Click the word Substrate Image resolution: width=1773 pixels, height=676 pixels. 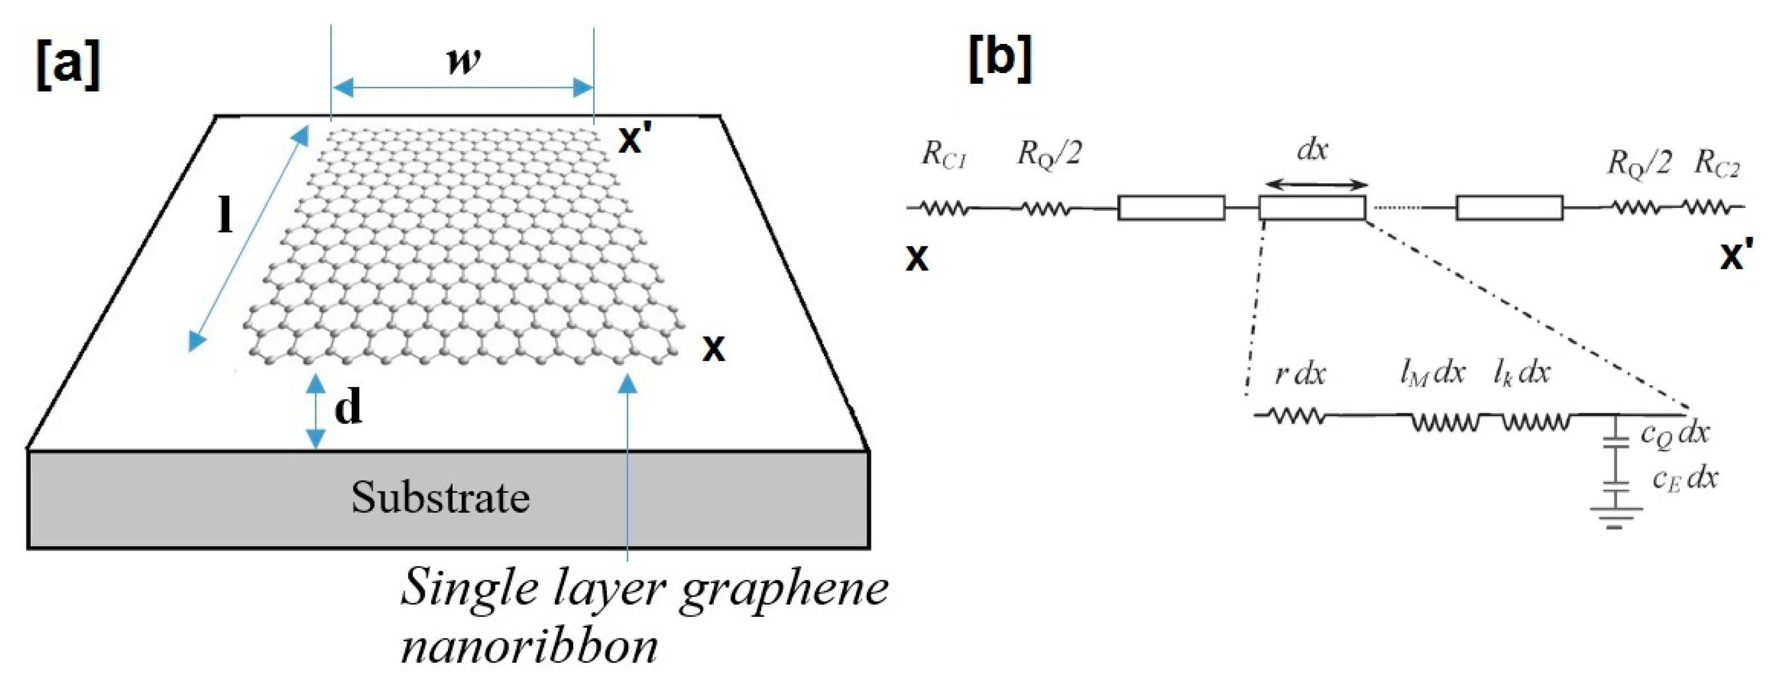tap(440, 497)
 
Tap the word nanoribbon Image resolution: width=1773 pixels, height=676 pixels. tap(529, 646)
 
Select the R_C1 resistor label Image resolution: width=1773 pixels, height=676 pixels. tap(944, 156)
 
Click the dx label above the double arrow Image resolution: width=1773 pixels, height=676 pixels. tap(1312, 149)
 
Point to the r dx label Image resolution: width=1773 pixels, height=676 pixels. tap(1299, 374)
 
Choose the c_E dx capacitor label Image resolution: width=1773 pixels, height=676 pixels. tap(1685, 479)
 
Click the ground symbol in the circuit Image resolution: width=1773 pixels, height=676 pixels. tap(1615, 516)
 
